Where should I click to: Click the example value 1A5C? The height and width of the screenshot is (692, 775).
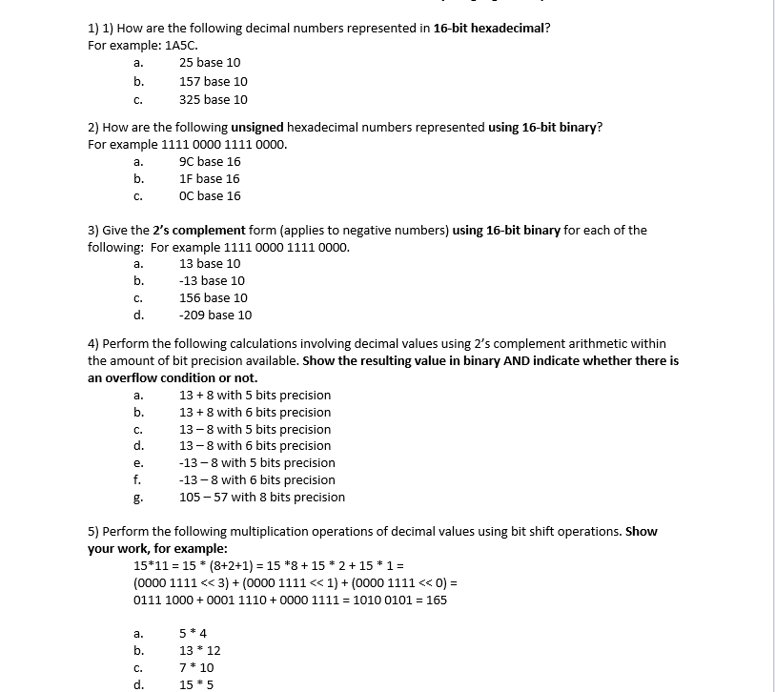[181, 45]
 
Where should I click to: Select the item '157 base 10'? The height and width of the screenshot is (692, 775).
[213, 82]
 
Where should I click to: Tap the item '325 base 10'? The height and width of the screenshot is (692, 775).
[213, 99]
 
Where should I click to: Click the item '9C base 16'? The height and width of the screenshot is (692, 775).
[210, 161]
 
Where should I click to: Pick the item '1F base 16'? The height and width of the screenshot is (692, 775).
[209, 178]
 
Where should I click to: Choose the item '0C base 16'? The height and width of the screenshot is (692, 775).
[210, 195]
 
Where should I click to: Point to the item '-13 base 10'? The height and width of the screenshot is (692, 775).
[212, 280]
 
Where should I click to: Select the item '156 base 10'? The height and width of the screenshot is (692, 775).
[213, 297]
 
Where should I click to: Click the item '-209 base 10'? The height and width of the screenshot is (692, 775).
[215, 315]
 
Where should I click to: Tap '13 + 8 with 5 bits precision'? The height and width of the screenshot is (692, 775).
[255, 395]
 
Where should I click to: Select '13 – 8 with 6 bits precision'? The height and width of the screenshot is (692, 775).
[255, 445]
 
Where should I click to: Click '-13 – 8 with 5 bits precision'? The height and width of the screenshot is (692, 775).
[256, 462]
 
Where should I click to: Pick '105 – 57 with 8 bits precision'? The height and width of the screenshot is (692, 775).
[262, 497]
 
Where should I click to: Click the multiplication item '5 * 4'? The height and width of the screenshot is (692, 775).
[193, 633]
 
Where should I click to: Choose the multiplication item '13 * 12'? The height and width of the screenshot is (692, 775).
[199, 650]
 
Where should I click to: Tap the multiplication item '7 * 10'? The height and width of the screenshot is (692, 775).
[196, 667]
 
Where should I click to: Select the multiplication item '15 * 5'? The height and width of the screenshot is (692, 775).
[196, 684]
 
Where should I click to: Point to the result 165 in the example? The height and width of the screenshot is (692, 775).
[436, 600]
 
